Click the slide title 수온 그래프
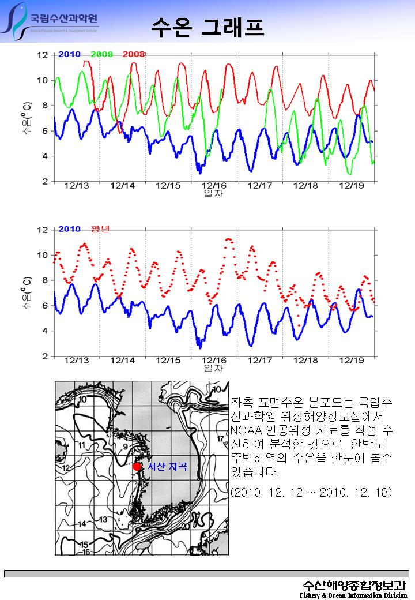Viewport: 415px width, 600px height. [x=207, y=27]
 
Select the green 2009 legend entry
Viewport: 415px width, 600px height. [x=101, y=54]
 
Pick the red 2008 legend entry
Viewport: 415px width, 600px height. [x=134, y=54]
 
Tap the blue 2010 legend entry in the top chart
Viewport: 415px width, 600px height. [x=69, y=54]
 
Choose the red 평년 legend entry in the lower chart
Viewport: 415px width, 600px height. [x=100, y=229]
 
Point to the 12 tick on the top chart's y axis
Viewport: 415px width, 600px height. [x=43, y=55]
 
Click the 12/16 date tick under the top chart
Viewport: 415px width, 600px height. [x=214, y=186]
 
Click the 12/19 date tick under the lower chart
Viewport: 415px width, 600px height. [x=351, y=361]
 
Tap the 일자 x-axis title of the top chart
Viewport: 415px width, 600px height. [x=213, y=193]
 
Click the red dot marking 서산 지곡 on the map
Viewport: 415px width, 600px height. [x=137, y=466]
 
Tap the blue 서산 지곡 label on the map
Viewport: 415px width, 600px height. [x=167, y=467]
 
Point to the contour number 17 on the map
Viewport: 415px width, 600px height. [x=220, y=440]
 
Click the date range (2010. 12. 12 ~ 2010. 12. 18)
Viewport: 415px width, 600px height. [x=311, y=492]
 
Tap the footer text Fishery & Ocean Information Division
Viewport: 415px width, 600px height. [x=353, y=595]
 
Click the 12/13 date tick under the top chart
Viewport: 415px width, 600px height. [x=77, y=186]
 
